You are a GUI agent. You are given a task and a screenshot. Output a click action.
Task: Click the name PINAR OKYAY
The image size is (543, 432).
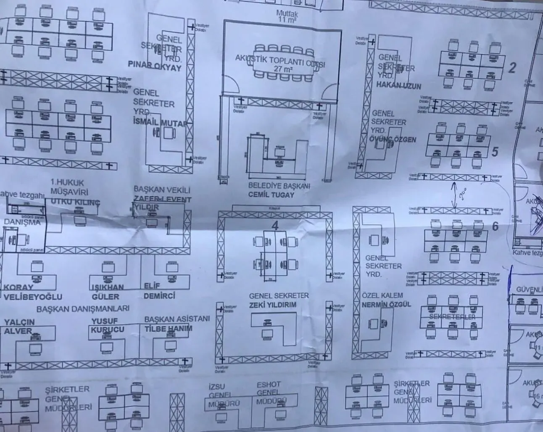tap(155, 68)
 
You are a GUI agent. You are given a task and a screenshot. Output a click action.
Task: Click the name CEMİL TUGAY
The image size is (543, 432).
tap(271, 195)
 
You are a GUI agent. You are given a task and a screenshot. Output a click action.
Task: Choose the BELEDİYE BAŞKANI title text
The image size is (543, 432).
tap(279, 186)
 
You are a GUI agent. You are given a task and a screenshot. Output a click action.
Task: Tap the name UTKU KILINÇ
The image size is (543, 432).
tap(75, 203)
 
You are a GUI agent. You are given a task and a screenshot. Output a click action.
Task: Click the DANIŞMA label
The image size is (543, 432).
tap(23, 222)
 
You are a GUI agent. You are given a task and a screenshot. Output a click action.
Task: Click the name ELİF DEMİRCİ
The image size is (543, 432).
tap(159, 292)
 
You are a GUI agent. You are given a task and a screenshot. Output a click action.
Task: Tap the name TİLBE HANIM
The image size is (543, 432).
tap(168, 328)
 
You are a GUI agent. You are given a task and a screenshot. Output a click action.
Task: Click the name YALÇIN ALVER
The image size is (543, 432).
tap(19, 327)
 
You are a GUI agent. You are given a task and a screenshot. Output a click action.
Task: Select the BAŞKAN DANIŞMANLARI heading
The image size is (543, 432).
tap(83, 308)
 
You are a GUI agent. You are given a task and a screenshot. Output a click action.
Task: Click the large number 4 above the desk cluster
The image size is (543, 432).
tap(275, 226)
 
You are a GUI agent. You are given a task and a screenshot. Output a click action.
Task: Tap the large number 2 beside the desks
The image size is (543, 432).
tap(511, 68)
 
